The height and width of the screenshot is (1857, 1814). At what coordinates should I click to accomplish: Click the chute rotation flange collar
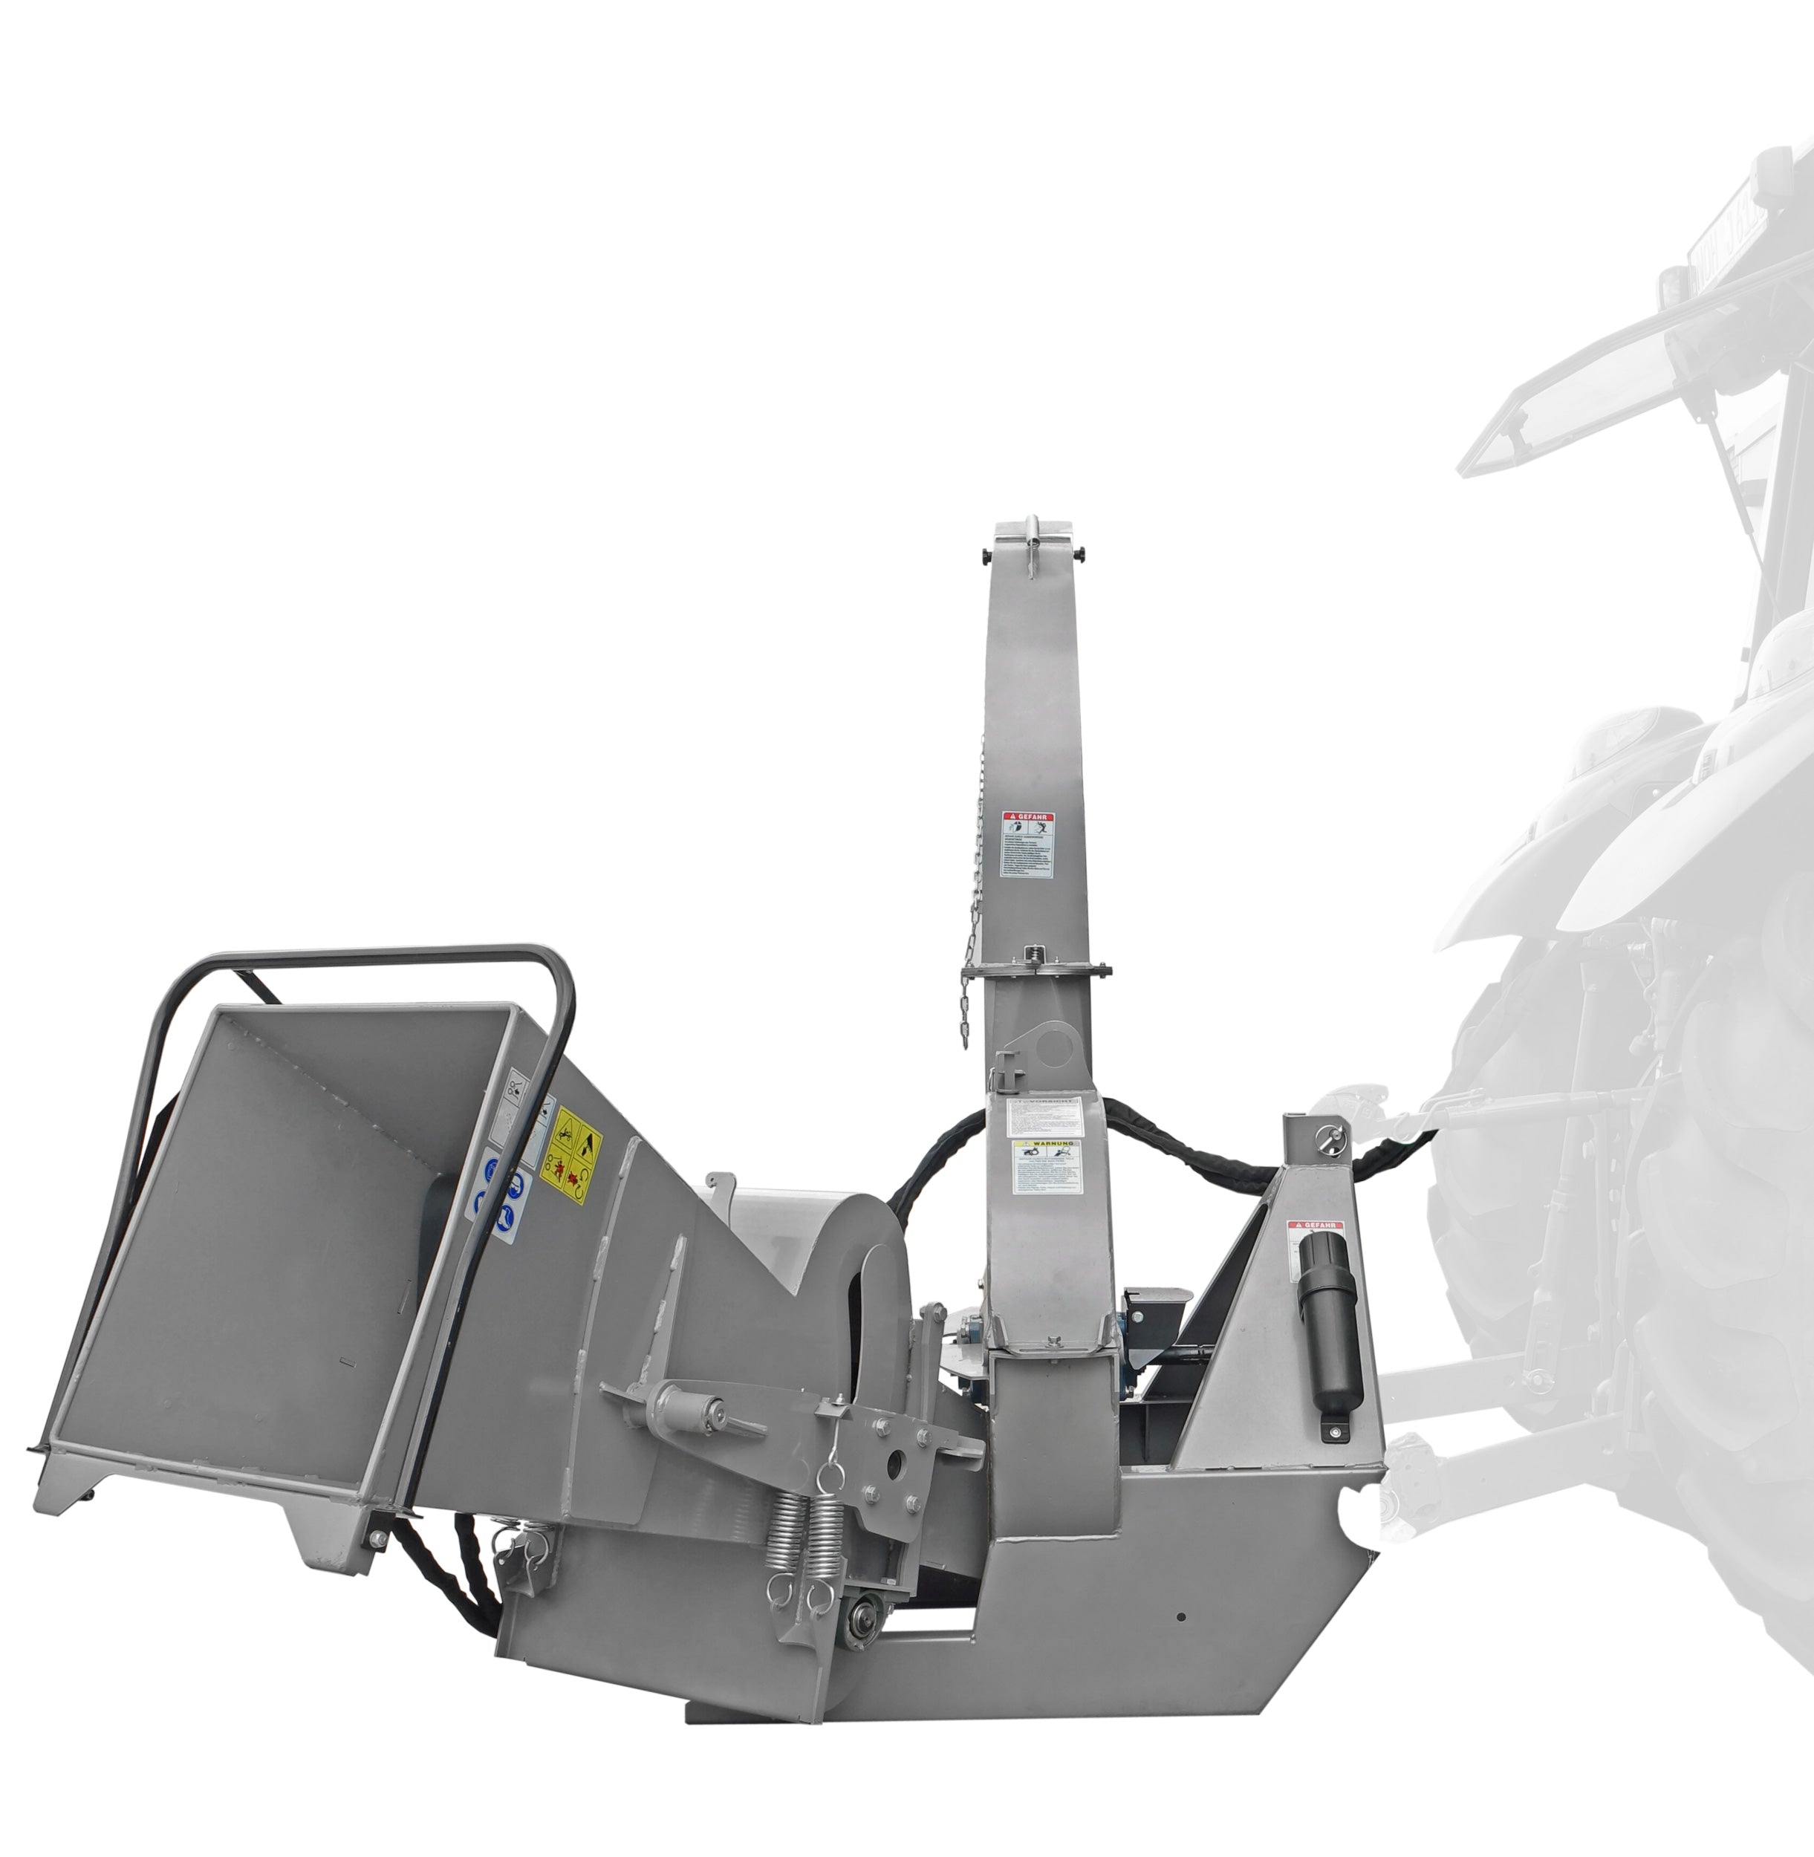(1036, 971)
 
